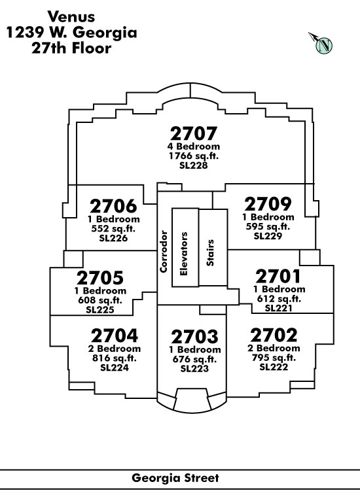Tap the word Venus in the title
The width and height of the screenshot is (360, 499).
pyautogui.click(x=71, y=17)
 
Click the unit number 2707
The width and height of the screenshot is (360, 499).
pyautogui.click(x=193, y=133)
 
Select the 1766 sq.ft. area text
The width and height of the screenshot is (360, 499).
pyautogui.click(x=193, y=156)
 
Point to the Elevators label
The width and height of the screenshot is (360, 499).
pyautogui.click(x=184, y=254)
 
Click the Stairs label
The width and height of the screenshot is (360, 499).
pyautogui.click(x=210, y=252)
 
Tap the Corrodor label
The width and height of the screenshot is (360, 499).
pyautogui.click(x=164, y=251)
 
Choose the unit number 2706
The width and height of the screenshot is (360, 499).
pyautogui.click(x=113, y=206)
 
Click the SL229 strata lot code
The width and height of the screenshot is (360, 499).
pyautogui.click(x=268, y=236)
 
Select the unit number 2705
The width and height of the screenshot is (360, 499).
pyautogui.click(x=100, y=278)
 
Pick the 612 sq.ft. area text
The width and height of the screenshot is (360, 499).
pyautogui.click(x=279, y=299)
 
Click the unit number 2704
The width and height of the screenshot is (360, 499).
pyautogui.click(x=115, y=336)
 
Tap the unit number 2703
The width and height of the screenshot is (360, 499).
pyautogui.click(x=194, y=337)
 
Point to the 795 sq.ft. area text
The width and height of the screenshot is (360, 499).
pyautogui.click(x=274, y=358)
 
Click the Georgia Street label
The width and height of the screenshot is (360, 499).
pyautogui.click(x=175, y=478)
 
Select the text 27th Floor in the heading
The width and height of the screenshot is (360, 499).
pyautogui.click(x=71, y=48)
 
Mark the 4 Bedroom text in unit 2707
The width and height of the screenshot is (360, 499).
pyautogui.click(x=193, y=146)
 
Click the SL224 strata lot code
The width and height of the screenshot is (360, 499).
pyautogui.click(x=115, y=368)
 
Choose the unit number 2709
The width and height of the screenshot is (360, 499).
pyautogui.click(x=268, y=204)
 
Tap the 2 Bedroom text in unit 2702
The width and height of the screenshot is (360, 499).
pyautogui.click(x=274, y=348)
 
